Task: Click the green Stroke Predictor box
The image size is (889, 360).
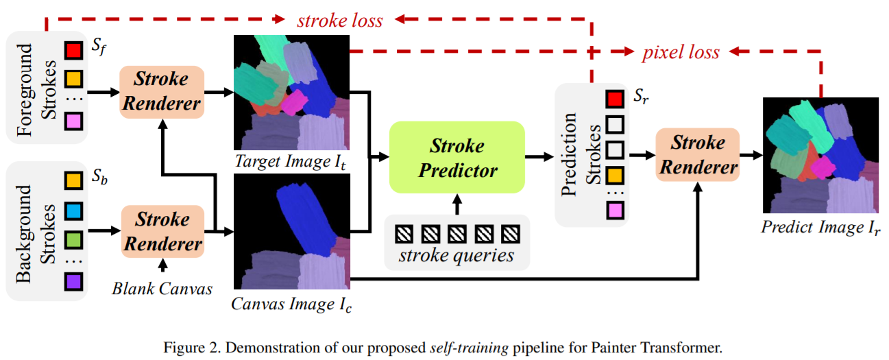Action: [x=456, y=158]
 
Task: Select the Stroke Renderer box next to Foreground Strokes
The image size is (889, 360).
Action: [x=162, y=91]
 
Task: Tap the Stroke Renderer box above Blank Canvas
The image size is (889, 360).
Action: [x=162, y=231]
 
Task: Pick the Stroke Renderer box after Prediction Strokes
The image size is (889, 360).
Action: [x=698, y=154]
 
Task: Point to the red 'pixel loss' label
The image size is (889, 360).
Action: [x=681, y=52]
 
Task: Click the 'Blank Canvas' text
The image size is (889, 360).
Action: [x=162, y=288]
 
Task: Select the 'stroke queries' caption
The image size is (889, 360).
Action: [x=457, y=256]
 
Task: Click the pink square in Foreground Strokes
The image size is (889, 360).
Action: [x=73, y=122]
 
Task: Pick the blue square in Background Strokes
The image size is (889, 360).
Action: [x=73, y=208]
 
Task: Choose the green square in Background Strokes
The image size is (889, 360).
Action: [x=73, y=239]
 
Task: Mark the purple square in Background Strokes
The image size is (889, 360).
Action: [x=73, y=281]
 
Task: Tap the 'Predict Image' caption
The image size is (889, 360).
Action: [x=820, y=227]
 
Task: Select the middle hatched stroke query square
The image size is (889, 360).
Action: [x=457, y=234]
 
